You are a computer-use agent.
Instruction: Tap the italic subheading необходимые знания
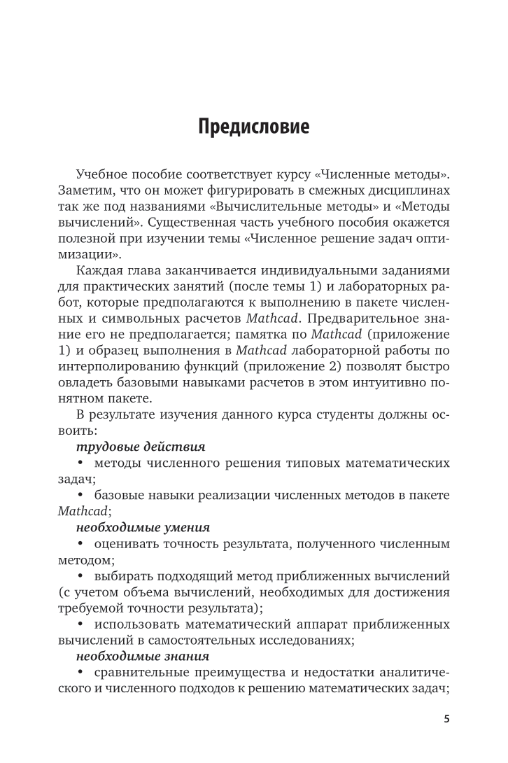pos(142,657)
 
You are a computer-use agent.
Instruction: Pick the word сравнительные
pos(141,675)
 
